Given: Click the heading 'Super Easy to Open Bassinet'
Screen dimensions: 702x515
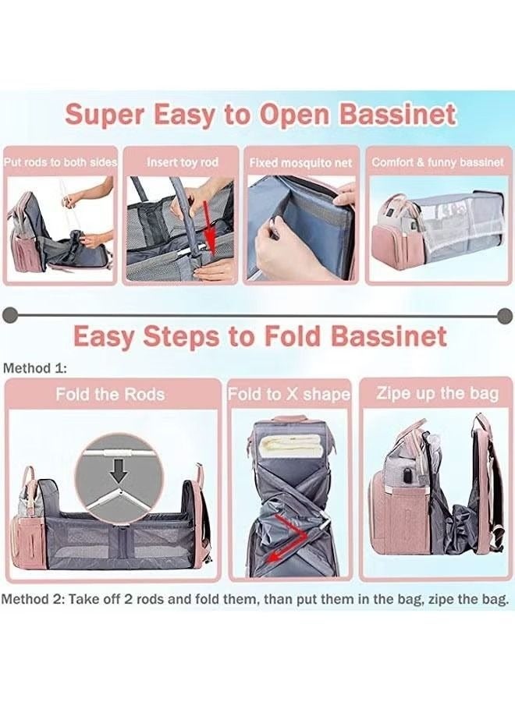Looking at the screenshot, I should click(x=260, y=115).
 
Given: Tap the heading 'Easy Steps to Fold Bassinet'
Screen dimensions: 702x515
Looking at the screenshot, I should click(x=260, y=336).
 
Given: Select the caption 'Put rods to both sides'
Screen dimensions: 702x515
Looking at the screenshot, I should click(x=60, y=162).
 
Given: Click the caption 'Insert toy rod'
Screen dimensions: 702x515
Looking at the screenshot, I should click(x=183, y=162).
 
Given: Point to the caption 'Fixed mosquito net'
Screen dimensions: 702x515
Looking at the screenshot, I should click(x=300, y=163).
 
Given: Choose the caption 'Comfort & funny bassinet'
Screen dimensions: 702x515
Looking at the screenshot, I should click(x=437, y=162).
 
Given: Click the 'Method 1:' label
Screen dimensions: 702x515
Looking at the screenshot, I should click(x=35, y=367).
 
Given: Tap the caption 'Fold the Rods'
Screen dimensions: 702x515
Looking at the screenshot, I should click(x=110, y=394).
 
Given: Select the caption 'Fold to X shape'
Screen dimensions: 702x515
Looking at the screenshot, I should click(x=289, y=394).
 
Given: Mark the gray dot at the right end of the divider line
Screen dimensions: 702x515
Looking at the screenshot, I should click(x=504, y=314).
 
